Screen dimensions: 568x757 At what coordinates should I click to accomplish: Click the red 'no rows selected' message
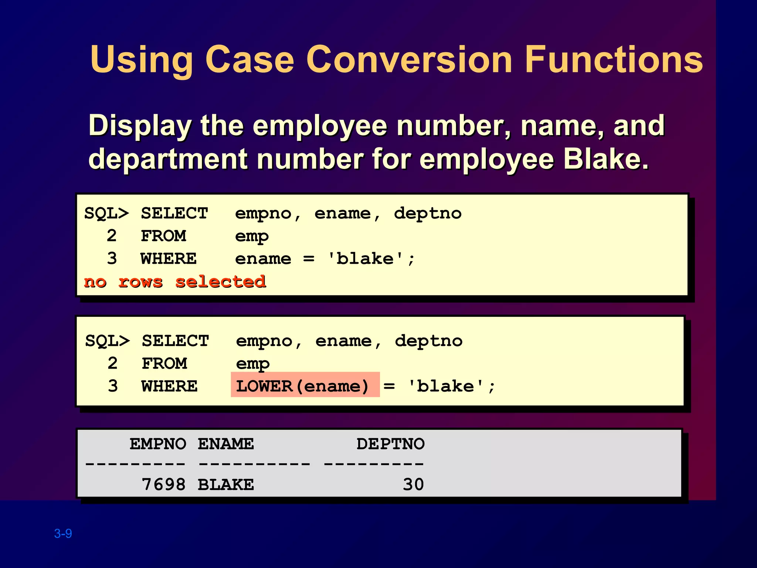pos(175,282)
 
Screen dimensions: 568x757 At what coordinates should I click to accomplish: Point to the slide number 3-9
pos(63,533)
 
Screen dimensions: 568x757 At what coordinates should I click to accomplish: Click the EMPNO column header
pos(158,444)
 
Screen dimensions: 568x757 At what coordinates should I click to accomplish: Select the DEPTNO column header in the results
pos(390,444)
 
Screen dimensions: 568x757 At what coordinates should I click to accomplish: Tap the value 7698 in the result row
pos(164,484)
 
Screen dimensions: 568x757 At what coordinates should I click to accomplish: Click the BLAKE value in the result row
pos(226,484)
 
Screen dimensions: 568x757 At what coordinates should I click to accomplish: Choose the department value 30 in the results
pos(413,484)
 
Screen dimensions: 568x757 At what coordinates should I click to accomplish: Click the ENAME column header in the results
pos(226,444)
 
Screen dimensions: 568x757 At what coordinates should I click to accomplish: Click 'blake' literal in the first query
pos(365,258)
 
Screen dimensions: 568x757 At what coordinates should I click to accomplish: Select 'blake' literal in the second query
pos(445,386)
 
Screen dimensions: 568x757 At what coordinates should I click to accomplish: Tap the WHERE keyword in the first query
pos(169,258)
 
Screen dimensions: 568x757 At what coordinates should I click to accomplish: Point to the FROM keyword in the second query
pos(164,364)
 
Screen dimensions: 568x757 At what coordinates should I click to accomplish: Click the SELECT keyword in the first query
pos(174,213)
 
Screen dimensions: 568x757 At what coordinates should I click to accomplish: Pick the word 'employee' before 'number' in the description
pos(320,126)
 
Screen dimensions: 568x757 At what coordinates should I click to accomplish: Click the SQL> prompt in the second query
pos(108,341)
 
